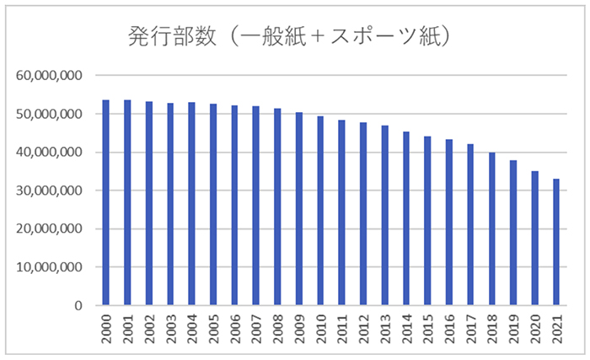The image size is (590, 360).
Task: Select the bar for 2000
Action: coord(106,202)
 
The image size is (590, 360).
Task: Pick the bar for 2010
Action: coord(320,211)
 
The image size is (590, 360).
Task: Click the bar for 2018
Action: coord(492,228)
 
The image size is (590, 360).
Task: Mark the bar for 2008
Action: coord(277,207)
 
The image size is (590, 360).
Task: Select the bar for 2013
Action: coord(385,215)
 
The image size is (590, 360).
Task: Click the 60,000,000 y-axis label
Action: coord(49,76)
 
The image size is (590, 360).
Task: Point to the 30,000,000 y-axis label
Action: coord(49,191)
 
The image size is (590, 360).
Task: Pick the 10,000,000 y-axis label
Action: coord(49,267)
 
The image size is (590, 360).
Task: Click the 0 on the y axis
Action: coord(77,305)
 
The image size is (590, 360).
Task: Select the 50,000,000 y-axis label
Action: coord(49,114)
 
